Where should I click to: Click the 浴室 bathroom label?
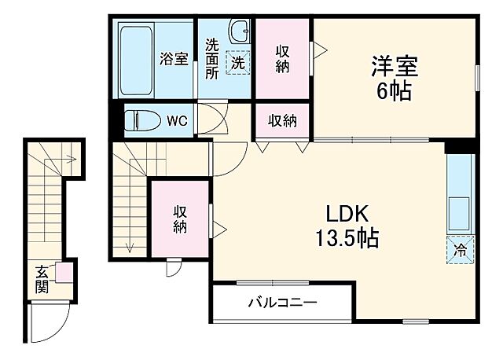pyautogui.click(x=174, y=58)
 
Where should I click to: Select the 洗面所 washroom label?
pyautogui.click(x=212, y=58)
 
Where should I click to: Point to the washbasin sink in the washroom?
pyautogui.click(x=239, y=34)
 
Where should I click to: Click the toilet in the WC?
pyautogui.click(x=144, y=121)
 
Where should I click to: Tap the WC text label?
pyautogui.click(x=177, y=121)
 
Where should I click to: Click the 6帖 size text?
pyautogui.click(x=393, y=91)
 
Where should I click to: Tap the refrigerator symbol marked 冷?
pyautogui.click(x=461, y=251)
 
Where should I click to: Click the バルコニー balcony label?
pyautogui.click(x=282, y=303)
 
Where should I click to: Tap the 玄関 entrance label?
pyautogui.click(x=42, y=280)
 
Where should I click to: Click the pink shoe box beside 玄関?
pyautogui.click(x=62, y=274)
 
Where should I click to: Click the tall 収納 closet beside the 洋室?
pyautogui.click(x=283, y=58)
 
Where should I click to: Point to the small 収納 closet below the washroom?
pyautogui.click(x=283, y=121)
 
